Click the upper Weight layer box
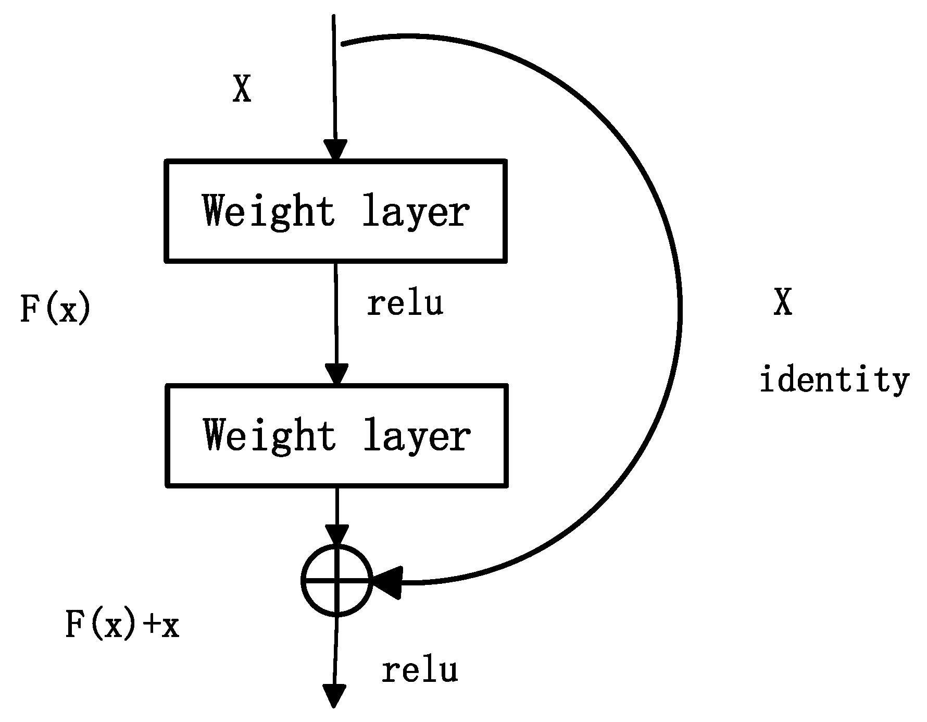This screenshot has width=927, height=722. click(x=335, y=211)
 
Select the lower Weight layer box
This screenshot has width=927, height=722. click(x=336, y=435)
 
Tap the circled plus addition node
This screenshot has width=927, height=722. click(x=337, y=580)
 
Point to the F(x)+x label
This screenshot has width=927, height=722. click(x=122, y=625)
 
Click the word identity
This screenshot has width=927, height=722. click(x=834, y=380)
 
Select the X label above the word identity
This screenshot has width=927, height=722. click(x=783, y=302)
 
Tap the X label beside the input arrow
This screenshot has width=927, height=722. click(x=242, y=89)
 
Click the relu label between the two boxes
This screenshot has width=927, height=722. click(x=405, y=303)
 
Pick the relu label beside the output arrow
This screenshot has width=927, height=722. click(x=420, y=670)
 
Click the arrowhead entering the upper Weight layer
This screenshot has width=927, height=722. click(x=335, y=150)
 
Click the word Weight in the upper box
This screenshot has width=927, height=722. click(x=269, y=211)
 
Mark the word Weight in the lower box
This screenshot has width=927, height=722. click(x=270, y=435)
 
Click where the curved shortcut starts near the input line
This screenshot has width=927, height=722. click(x=343, y=44)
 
